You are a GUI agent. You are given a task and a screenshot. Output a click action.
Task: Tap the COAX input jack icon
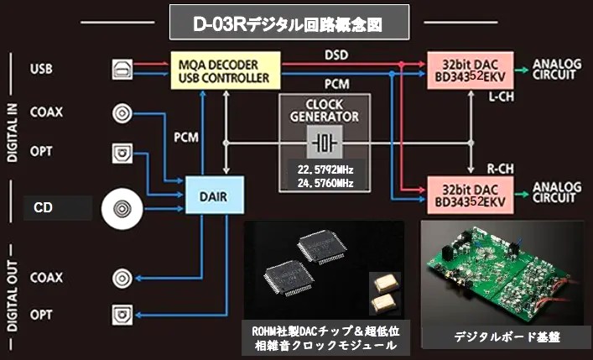124,112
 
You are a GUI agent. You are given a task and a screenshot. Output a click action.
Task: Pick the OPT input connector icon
124,153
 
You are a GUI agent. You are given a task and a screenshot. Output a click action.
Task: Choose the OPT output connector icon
124,315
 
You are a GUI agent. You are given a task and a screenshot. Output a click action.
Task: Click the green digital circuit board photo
502,272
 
